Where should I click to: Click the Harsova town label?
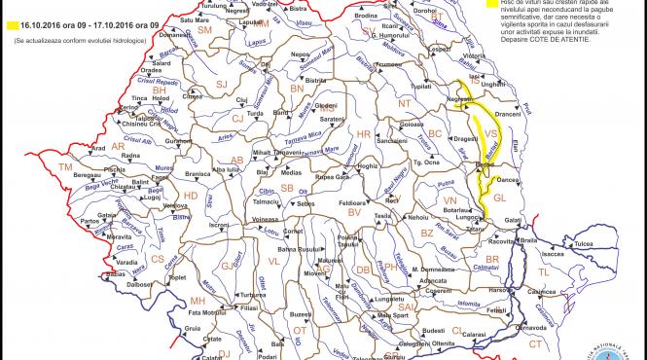(499, 290)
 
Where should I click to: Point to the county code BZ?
(425, 234)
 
